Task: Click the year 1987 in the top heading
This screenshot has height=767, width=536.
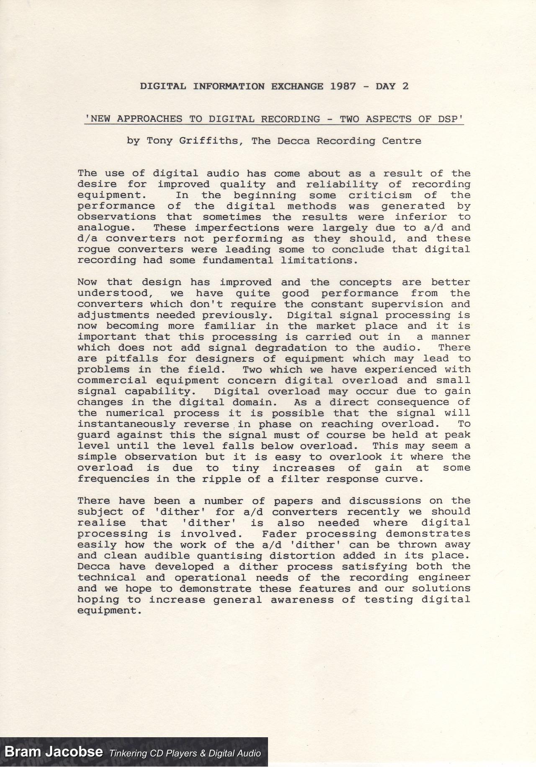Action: [343, 86]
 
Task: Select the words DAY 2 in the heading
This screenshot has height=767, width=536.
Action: [392, 86]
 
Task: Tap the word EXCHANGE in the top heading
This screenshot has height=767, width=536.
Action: [297, 86]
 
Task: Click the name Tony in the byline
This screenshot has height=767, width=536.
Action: [160, 141]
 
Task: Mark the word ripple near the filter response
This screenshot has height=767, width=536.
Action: [223, 479]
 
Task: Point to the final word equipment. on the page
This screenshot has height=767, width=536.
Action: [108, 611]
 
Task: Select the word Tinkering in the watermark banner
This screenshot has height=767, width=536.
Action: [129, 753]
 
